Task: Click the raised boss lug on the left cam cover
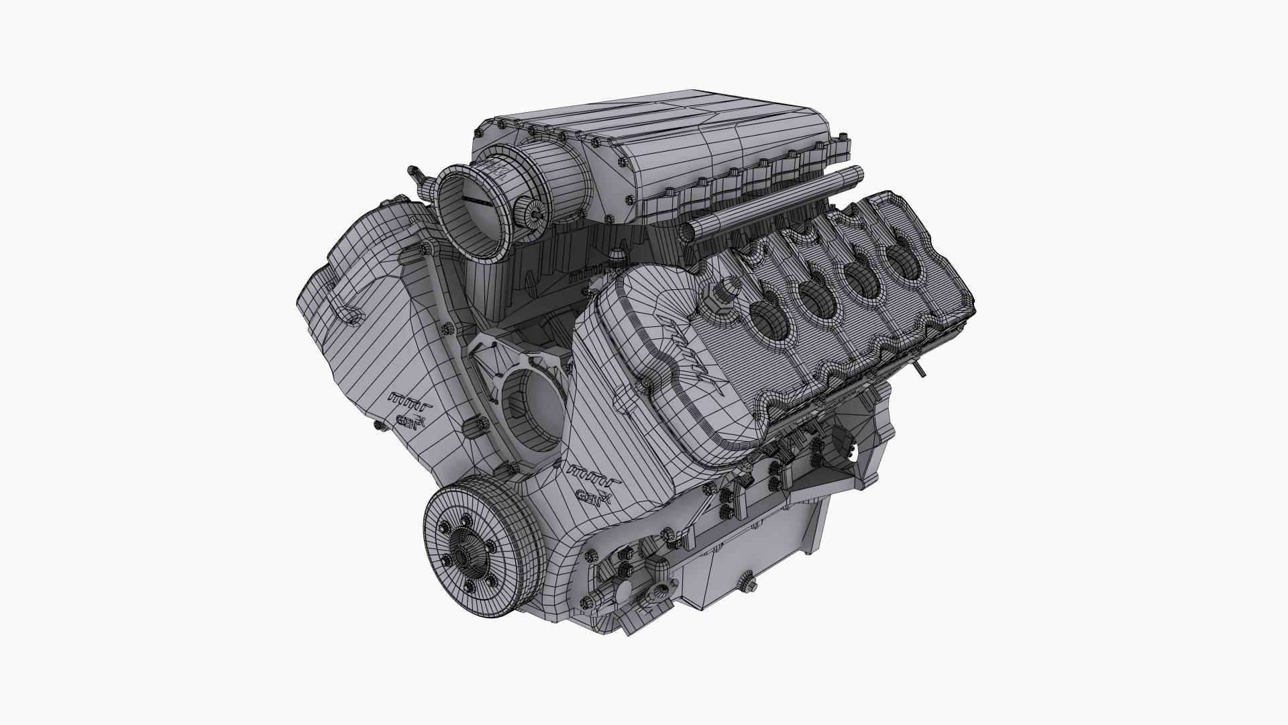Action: [349, 314]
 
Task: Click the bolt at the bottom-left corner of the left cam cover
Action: [380, 425]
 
